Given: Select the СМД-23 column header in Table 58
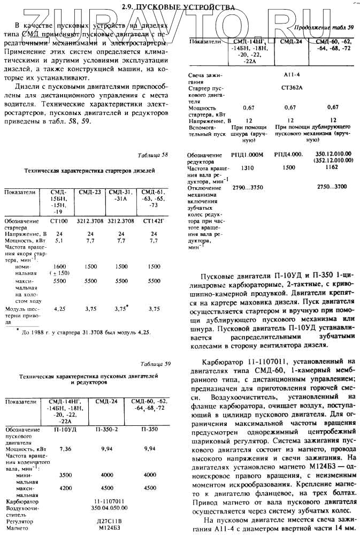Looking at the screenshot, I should click(x=90, y=192).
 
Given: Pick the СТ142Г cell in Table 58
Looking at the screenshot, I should click(x=154, y=220).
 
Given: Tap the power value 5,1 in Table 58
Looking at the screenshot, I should click(x=59, y=241).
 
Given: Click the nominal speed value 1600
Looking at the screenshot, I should click(x=59, y=266).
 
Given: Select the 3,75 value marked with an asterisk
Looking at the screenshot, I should click(x=122, y=309).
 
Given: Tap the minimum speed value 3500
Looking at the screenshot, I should click(x=65, y=475).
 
